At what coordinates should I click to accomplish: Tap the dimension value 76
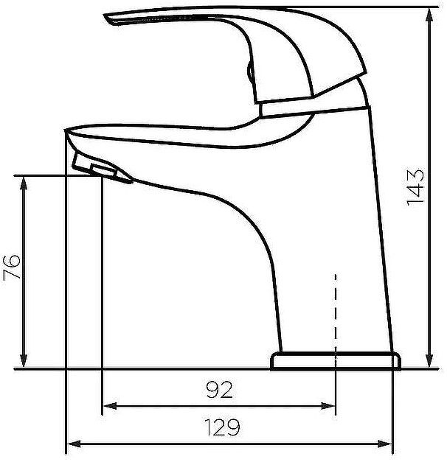pos(13,270)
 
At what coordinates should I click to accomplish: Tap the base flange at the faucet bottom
pos(336,360)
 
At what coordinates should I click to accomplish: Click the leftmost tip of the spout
pos(66,133)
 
